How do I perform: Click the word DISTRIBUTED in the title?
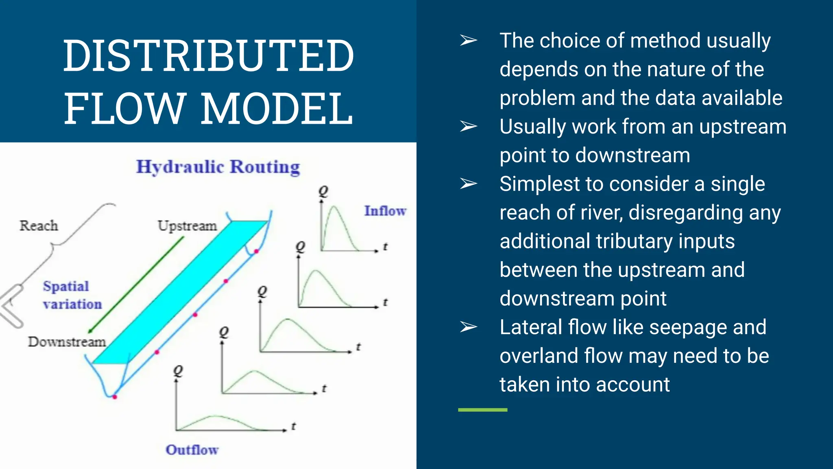208,56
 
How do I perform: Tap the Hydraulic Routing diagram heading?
218,167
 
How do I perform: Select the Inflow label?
385,211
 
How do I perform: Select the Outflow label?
192,450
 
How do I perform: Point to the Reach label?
39,226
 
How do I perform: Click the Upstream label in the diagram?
187,226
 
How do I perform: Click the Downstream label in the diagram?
67,342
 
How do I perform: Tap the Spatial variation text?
72,295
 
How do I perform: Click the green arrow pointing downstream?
136,285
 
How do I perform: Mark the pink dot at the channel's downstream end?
115,397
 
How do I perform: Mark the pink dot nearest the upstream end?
256,251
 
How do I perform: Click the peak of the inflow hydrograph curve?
334,207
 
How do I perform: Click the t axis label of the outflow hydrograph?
293,426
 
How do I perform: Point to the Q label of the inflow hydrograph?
323,191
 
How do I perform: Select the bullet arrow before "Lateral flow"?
468,327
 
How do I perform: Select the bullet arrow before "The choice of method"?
468,40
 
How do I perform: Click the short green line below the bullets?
482,410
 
